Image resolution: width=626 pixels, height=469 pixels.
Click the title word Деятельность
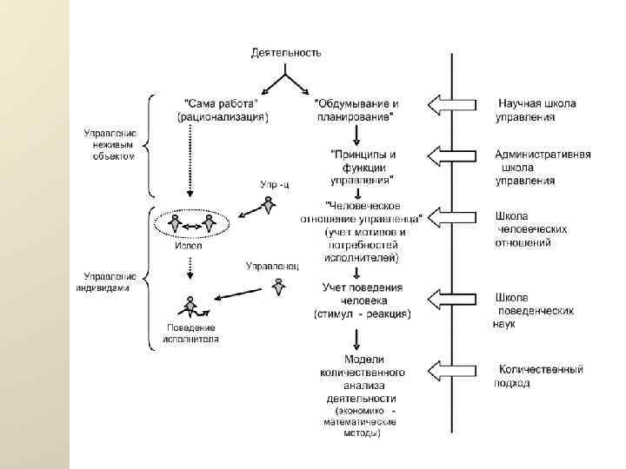287,52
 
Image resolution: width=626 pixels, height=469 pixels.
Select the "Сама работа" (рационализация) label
222,108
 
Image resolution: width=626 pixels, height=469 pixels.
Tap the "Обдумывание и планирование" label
358,108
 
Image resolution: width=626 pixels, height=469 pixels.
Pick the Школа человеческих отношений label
531,229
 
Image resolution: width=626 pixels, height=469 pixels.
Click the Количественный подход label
538,376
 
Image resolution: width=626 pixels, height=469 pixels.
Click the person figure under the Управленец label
278,286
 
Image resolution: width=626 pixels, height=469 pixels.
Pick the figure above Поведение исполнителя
190,306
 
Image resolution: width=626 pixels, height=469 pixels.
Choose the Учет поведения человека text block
363,300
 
